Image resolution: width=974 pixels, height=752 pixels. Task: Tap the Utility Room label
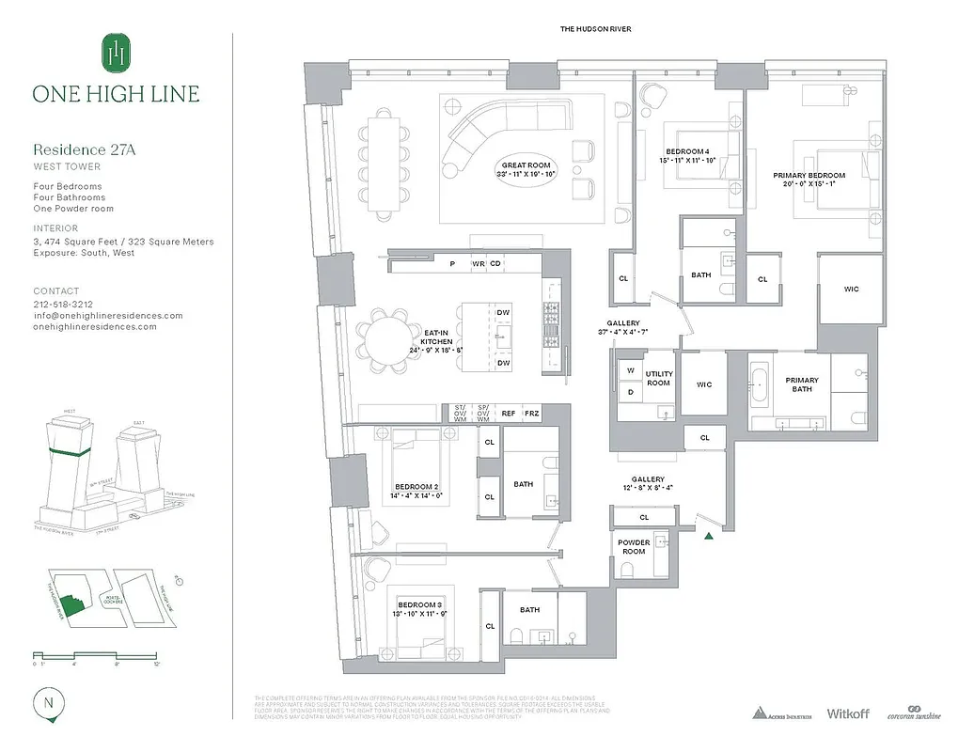658,377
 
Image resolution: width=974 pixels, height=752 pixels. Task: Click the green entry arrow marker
708,536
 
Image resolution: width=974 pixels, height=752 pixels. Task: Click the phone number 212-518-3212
64,305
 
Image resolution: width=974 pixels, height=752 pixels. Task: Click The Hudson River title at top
595,30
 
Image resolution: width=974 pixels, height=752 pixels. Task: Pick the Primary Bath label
802,384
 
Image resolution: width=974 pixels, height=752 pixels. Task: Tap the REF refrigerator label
508,412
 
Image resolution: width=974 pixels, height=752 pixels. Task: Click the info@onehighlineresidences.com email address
107,316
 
